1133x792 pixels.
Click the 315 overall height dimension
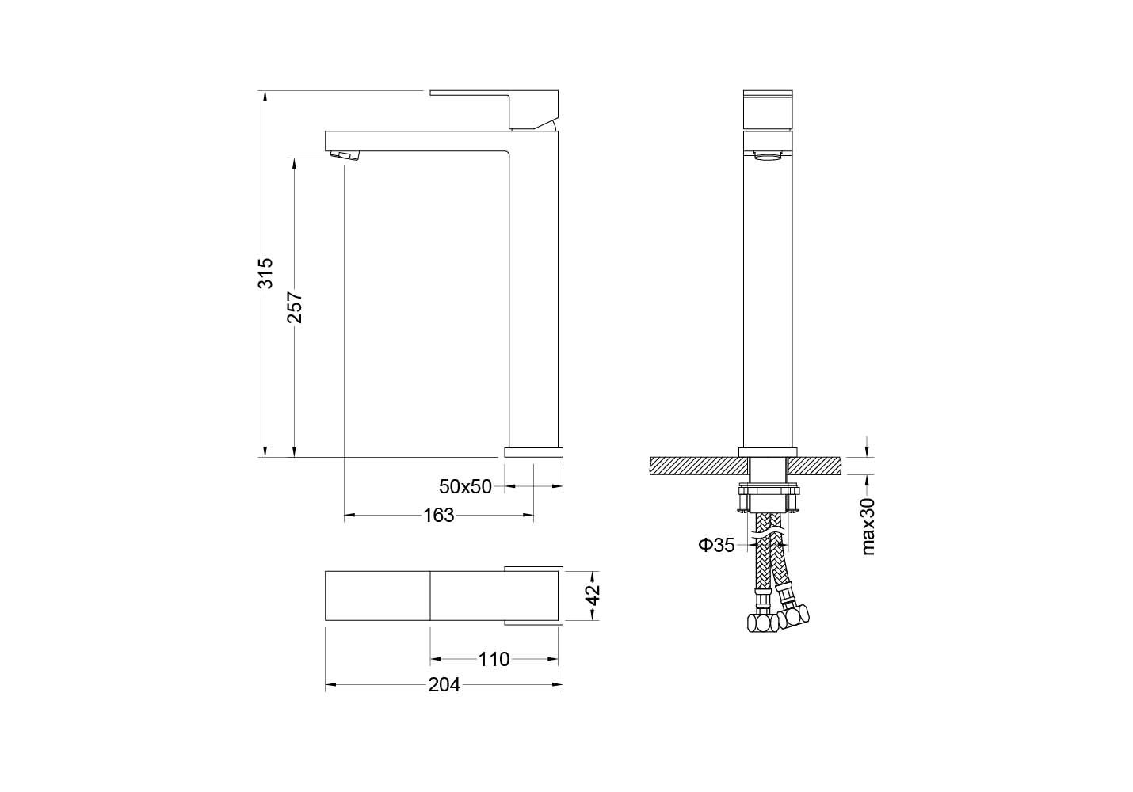point(265,273)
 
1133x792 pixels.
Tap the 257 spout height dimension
point(295,307)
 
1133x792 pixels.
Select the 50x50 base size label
point(465,486)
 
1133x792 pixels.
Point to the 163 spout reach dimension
point(438,516)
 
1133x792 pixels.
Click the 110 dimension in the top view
point(494,659)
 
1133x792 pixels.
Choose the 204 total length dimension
point(444,685)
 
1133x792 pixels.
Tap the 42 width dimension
point(593,595)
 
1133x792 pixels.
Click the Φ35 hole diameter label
point(716,545)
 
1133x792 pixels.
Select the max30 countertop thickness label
point(868,527)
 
